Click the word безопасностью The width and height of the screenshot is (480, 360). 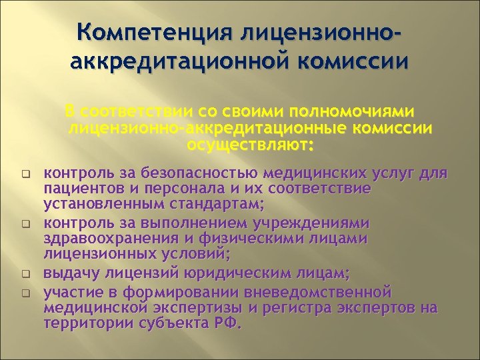pos(204,175)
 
